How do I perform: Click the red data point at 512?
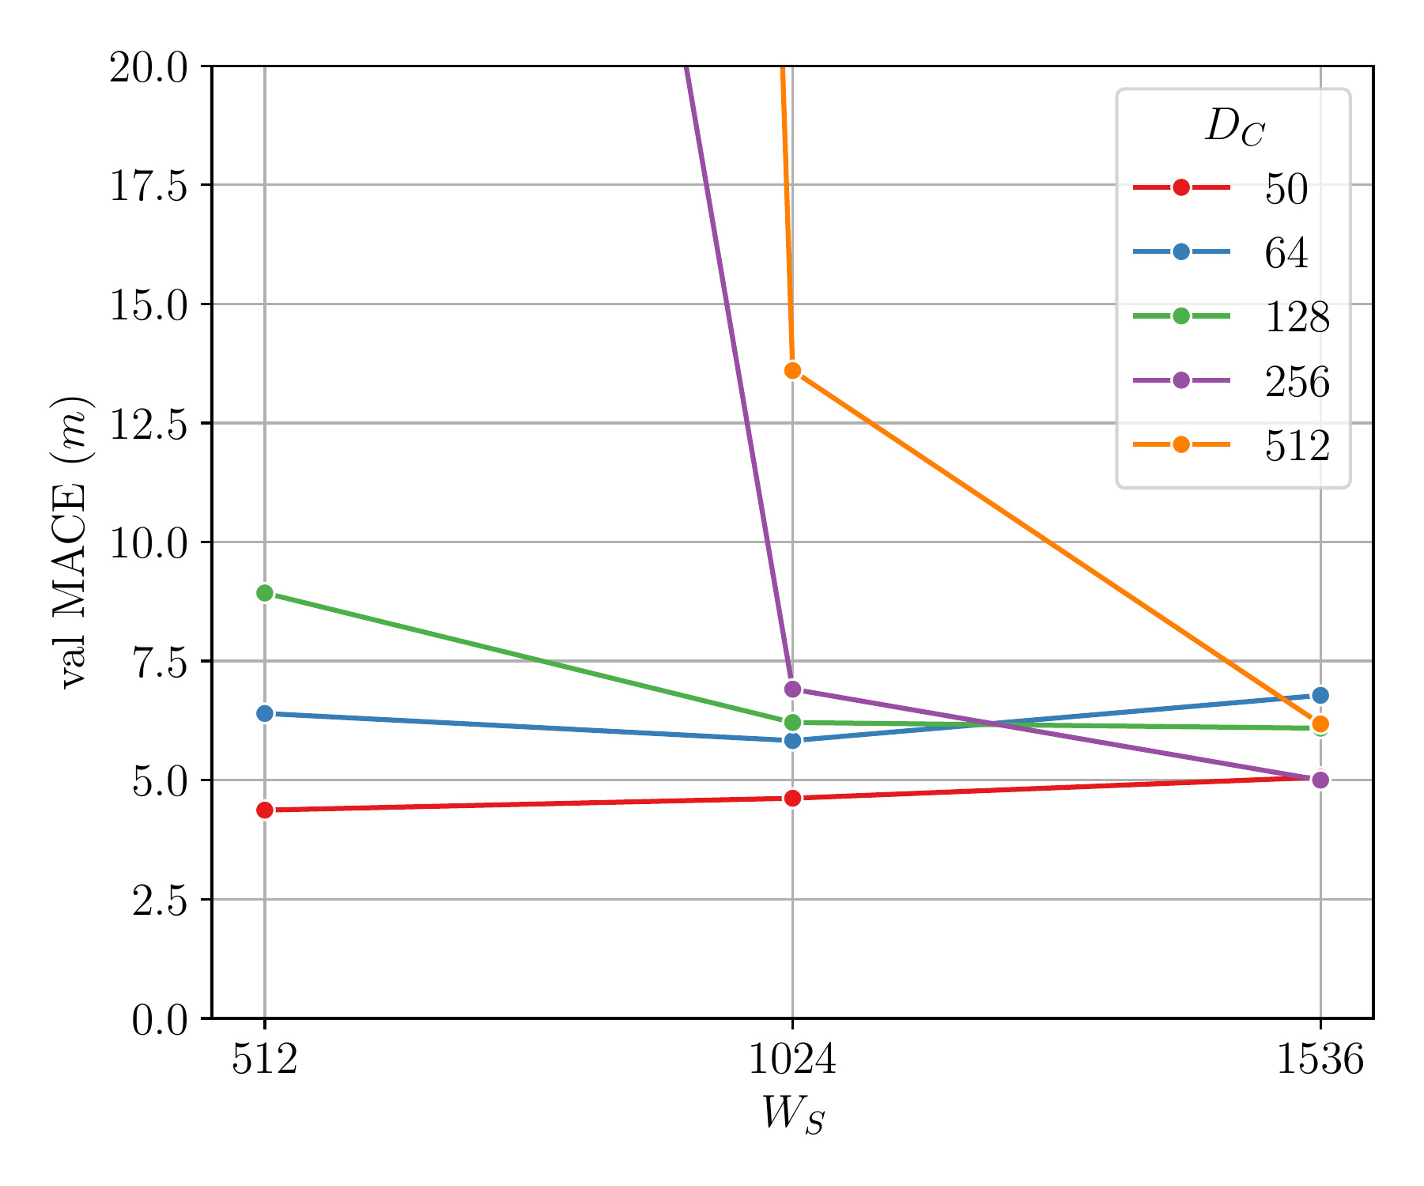(x=265, y=810)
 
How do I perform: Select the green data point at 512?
(x=265, y=593)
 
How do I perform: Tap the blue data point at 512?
(x=265, y=713)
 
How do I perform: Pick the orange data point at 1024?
(x=792, y=371)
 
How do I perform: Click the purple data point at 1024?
(x=792, y=689)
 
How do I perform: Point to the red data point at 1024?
(x=792, y=799)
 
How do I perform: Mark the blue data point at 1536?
(x=1320, y=696)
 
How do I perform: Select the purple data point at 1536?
(x=1320, y=780)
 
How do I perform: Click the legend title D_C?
(x=1234, y=127)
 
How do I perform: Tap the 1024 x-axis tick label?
(x=792, y=1060)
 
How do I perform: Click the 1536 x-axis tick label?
(x=1320, y=1060)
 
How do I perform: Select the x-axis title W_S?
(x=792, y=1115)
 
